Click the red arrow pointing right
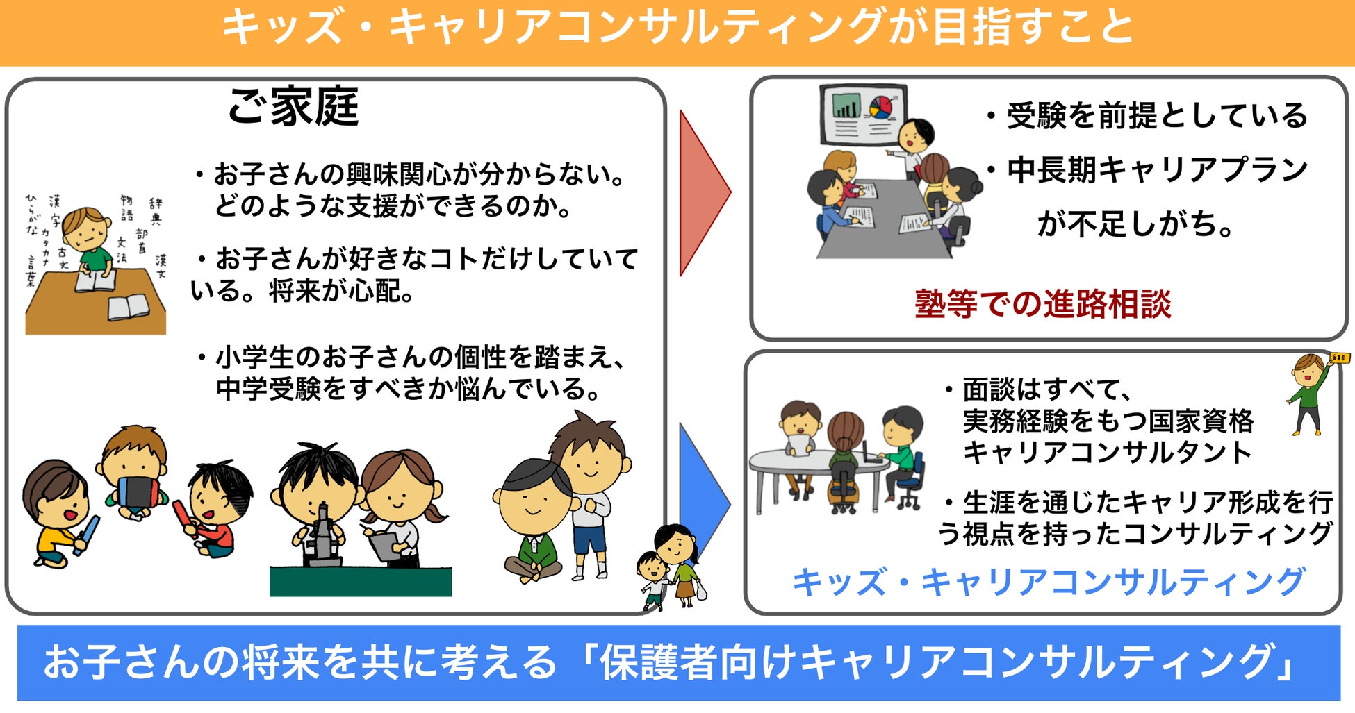pos(700,192)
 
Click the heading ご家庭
pos(293,108)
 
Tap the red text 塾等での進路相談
pos(1042,304)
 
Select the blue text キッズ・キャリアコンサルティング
pos(1048,582)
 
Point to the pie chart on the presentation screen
pos(880,107)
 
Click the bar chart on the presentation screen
pos(846,106)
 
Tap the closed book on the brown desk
pos(128,306)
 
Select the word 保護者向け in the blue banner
pos(698,662)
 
